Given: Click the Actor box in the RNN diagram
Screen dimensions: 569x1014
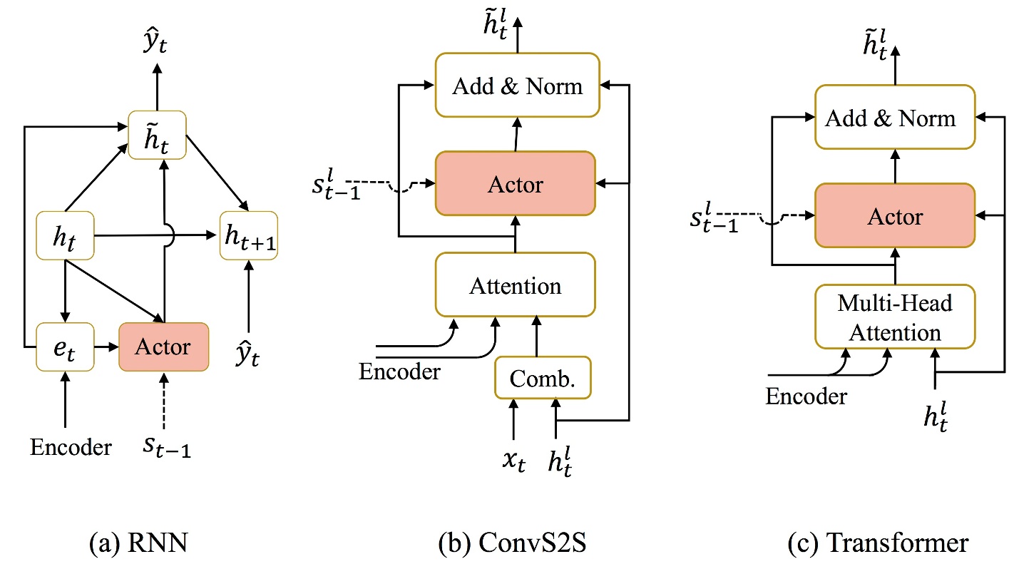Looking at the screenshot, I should point(163,347).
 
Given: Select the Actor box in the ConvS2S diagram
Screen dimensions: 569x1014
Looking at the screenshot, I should point(515,184).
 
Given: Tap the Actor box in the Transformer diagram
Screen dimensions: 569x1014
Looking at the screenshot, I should point(894,216).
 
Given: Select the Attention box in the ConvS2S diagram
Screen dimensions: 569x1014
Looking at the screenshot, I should point(515,285).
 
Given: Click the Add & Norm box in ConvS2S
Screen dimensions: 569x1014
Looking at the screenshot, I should point(518,86).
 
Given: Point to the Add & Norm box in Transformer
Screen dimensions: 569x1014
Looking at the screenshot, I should point(894,117).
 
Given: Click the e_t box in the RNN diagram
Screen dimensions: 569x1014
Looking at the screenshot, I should point(65,347).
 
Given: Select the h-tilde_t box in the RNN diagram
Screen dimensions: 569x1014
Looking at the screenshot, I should point(157,135).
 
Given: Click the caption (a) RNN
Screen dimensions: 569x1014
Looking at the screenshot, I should point(140,543).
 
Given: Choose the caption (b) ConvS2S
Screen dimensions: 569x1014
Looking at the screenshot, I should point(515,543).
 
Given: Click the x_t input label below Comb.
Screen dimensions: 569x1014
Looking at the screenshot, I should point(512,461).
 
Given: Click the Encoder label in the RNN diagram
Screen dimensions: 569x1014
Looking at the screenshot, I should point(71,447).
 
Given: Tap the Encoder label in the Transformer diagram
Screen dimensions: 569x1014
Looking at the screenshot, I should point(806,396).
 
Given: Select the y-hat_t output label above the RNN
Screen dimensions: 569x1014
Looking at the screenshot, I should point(158,48).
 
